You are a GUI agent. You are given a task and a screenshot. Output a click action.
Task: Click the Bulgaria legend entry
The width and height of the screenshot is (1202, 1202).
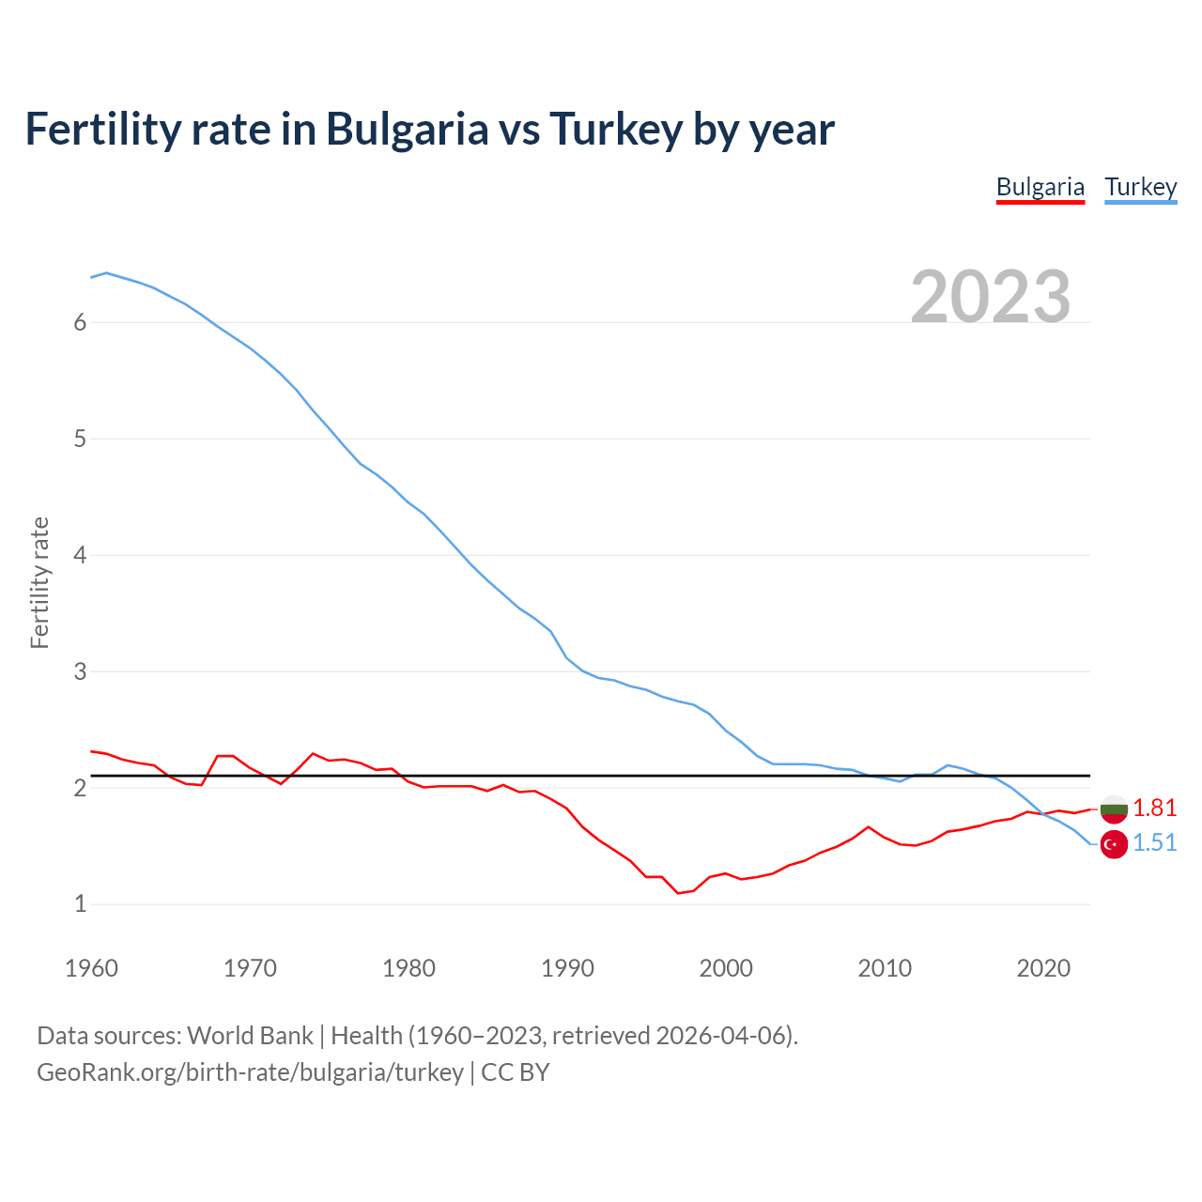pos(1040,187)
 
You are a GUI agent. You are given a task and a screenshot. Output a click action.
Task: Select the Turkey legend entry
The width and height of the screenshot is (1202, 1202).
pos(1140,187)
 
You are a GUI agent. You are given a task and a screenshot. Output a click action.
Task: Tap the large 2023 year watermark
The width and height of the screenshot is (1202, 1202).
pos(991,297)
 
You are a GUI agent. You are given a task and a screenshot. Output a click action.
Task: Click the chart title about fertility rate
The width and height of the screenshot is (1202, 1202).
pos(429,129)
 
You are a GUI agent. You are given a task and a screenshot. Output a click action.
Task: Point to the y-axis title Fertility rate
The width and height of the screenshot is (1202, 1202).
pos(39,582)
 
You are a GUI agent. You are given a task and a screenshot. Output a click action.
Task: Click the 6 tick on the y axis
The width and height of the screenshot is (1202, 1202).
pos(80,322)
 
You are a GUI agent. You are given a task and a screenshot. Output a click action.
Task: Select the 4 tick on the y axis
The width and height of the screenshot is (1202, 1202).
pos(80,555)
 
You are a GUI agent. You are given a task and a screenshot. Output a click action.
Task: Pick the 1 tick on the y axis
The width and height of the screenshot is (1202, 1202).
pos(80,904)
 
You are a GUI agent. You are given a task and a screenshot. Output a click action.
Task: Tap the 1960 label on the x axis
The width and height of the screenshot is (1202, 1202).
pos(91,968)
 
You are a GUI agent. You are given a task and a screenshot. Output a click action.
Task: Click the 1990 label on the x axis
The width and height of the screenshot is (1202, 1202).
pos(567,968)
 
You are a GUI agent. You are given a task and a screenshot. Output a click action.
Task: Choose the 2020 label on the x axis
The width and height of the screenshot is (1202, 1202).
pos(1043,968)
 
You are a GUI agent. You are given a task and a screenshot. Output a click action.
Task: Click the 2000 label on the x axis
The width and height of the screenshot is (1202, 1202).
pos(726,968)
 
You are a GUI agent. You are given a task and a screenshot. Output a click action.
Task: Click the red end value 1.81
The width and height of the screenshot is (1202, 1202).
pos(1154,808)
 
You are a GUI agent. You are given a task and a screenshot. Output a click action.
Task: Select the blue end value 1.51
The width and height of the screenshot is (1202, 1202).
pos(1154,842)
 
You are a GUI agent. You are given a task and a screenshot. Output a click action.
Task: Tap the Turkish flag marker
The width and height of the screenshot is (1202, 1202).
pos(1114,844)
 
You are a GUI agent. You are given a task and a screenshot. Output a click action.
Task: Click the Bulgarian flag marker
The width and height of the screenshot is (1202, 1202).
pos(1114,809)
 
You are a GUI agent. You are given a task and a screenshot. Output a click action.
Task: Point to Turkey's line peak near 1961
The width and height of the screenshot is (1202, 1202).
pos(106,272)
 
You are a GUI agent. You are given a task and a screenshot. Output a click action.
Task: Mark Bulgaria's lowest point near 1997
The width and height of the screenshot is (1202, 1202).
pos(678,893)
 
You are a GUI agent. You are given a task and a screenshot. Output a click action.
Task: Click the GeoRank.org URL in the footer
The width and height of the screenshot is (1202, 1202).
pos(250,1071)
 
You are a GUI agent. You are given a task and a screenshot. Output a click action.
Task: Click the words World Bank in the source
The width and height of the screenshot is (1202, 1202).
pos(250,1036)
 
